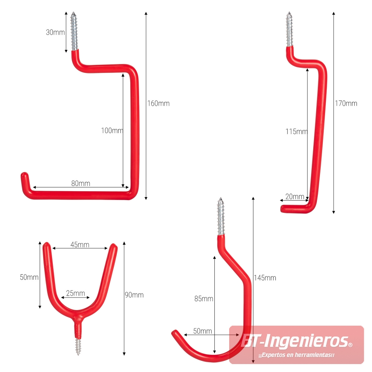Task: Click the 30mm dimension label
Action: pyautogui.click(x=55, y=32)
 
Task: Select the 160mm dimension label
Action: pyautogui.click(x=158, y=103)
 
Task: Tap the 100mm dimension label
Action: pyautogui.click(x=112, y=131)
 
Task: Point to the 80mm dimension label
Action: pyautogui.click(x=81, y=183)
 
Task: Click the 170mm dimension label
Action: pyautogui.click(x=346, y=103)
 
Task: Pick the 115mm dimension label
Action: pyautogui.click(x=296, y=131)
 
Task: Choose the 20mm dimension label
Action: pyautogui.click(x=295, y=196)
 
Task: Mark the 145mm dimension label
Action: pyautogui.click(x=265, y=278)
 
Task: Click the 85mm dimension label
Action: pyautogui.click(x=204, y=299)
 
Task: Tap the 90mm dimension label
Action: pyautogui.click(x=134, y=295)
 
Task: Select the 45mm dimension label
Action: pyautogui.click(x=80, y=245)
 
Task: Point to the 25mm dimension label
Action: pyautogui.click(x=76, y=293)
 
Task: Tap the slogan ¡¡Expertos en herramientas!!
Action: pyautogui.click(x=296, y=355)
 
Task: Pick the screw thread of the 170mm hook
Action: pyautogui.click(x=289, y=29)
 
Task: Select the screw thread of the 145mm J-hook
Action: pyautogui.click(x=221, y=216)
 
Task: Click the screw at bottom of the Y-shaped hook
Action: pyautogui.click(x=78, y=347)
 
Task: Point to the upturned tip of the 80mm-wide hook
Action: pyautogui.click(x=25, y=176)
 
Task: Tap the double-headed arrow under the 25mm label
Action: pyautogui.click(x=76, y=298)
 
